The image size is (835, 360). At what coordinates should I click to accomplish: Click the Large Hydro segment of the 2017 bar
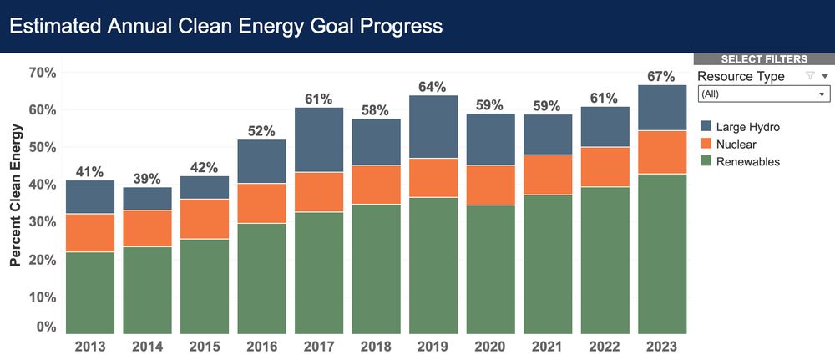(x=319, y=139)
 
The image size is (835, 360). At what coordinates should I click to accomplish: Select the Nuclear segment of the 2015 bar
(x=205, y=219)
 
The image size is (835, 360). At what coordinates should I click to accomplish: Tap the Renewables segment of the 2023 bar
(x=662, y=254)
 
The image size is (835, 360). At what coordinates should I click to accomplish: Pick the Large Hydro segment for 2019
(x=433, y=127)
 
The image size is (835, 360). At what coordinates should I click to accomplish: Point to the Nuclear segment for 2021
(x=548, y=175)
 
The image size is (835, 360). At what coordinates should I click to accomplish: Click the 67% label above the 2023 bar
(x=661, y=77)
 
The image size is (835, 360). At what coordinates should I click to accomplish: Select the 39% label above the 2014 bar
(x=148, y=179)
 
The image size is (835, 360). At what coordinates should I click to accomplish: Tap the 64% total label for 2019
(x=433, y=87)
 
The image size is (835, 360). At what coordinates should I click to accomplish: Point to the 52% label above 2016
(x=261, y=131)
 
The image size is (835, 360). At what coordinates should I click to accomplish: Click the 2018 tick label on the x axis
(x=376, y=347)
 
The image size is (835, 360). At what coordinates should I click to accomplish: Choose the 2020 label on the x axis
(x=490, y=347)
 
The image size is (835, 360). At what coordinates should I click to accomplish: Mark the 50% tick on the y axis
(x=43, y=147)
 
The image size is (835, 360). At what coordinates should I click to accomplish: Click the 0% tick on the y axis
(x=47, y=327)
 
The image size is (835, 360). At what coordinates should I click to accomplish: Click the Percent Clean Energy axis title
(x=16, y=195)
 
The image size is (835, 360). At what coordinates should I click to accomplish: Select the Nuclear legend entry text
(x=736, y=144)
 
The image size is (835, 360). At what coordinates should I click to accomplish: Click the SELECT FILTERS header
(x=763, y=59)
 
